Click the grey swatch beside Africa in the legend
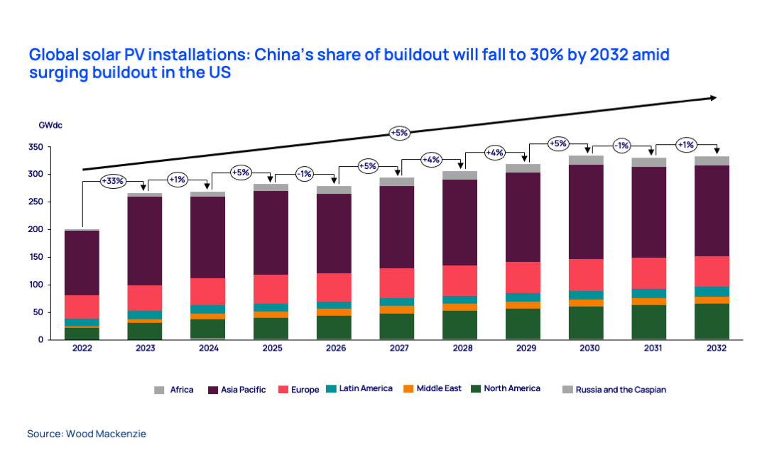tap(159, 389)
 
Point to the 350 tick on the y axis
tap(36, 147)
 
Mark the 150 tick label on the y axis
tap(36, 257)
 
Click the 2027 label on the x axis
tap(399, 349)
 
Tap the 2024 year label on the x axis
tap(209, 349)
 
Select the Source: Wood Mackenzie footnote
tap(87, 433)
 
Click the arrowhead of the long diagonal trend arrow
tap(713, 98)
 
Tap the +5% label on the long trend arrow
tap(398, 132)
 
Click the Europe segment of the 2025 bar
tap(272, 289)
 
